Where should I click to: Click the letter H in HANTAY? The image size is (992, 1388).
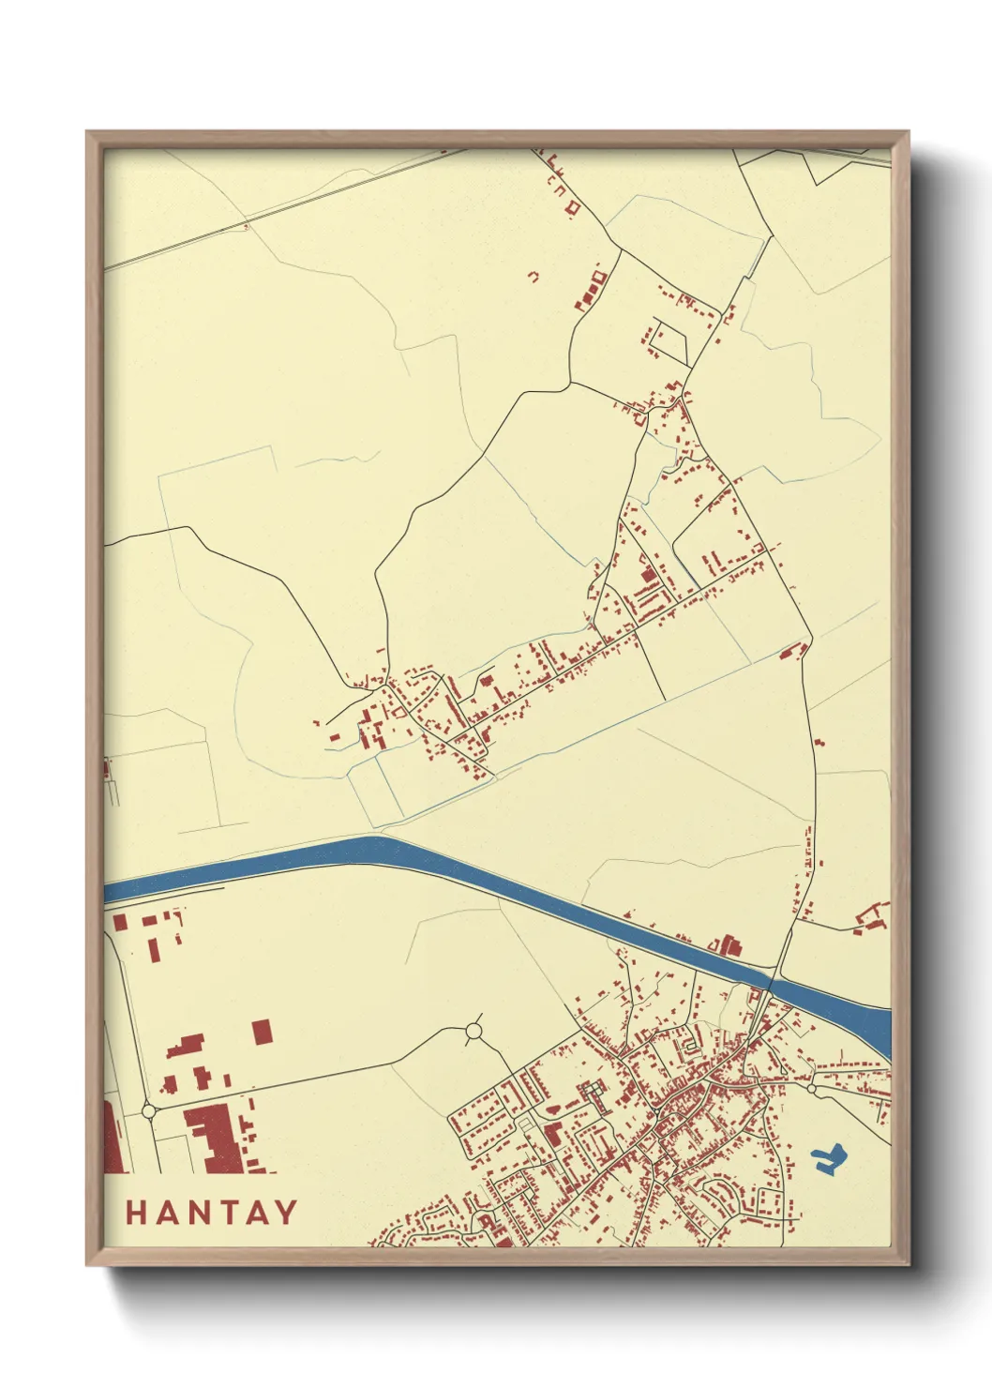(137, 1213)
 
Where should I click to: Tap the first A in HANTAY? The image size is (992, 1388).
(170, 1213)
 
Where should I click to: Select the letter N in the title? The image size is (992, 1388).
(203, 1213)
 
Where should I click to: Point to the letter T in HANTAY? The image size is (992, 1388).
(231, 1213)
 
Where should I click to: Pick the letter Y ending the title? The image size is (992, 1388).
(285, 1213)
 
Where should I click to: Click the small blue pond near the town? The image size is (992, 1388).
(828, 1159)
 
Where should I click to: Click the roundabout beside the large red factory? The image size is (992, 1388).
(148, 1111)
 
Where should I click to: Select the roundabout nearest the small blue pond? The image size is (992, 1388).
(812, 1090)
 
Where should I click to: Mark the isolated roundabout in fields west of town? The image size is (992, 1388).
(473, 1033)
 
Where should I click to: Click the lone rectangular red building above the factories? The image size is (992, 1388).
(263, 1032)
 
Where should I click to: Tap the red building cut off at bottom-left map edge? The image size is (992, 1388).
(112, 1139)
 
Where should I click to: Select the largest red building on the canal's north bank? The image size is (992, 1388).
(729, 945)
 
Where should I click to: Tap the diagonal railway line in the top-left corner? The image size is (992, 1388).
(281, 207)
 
